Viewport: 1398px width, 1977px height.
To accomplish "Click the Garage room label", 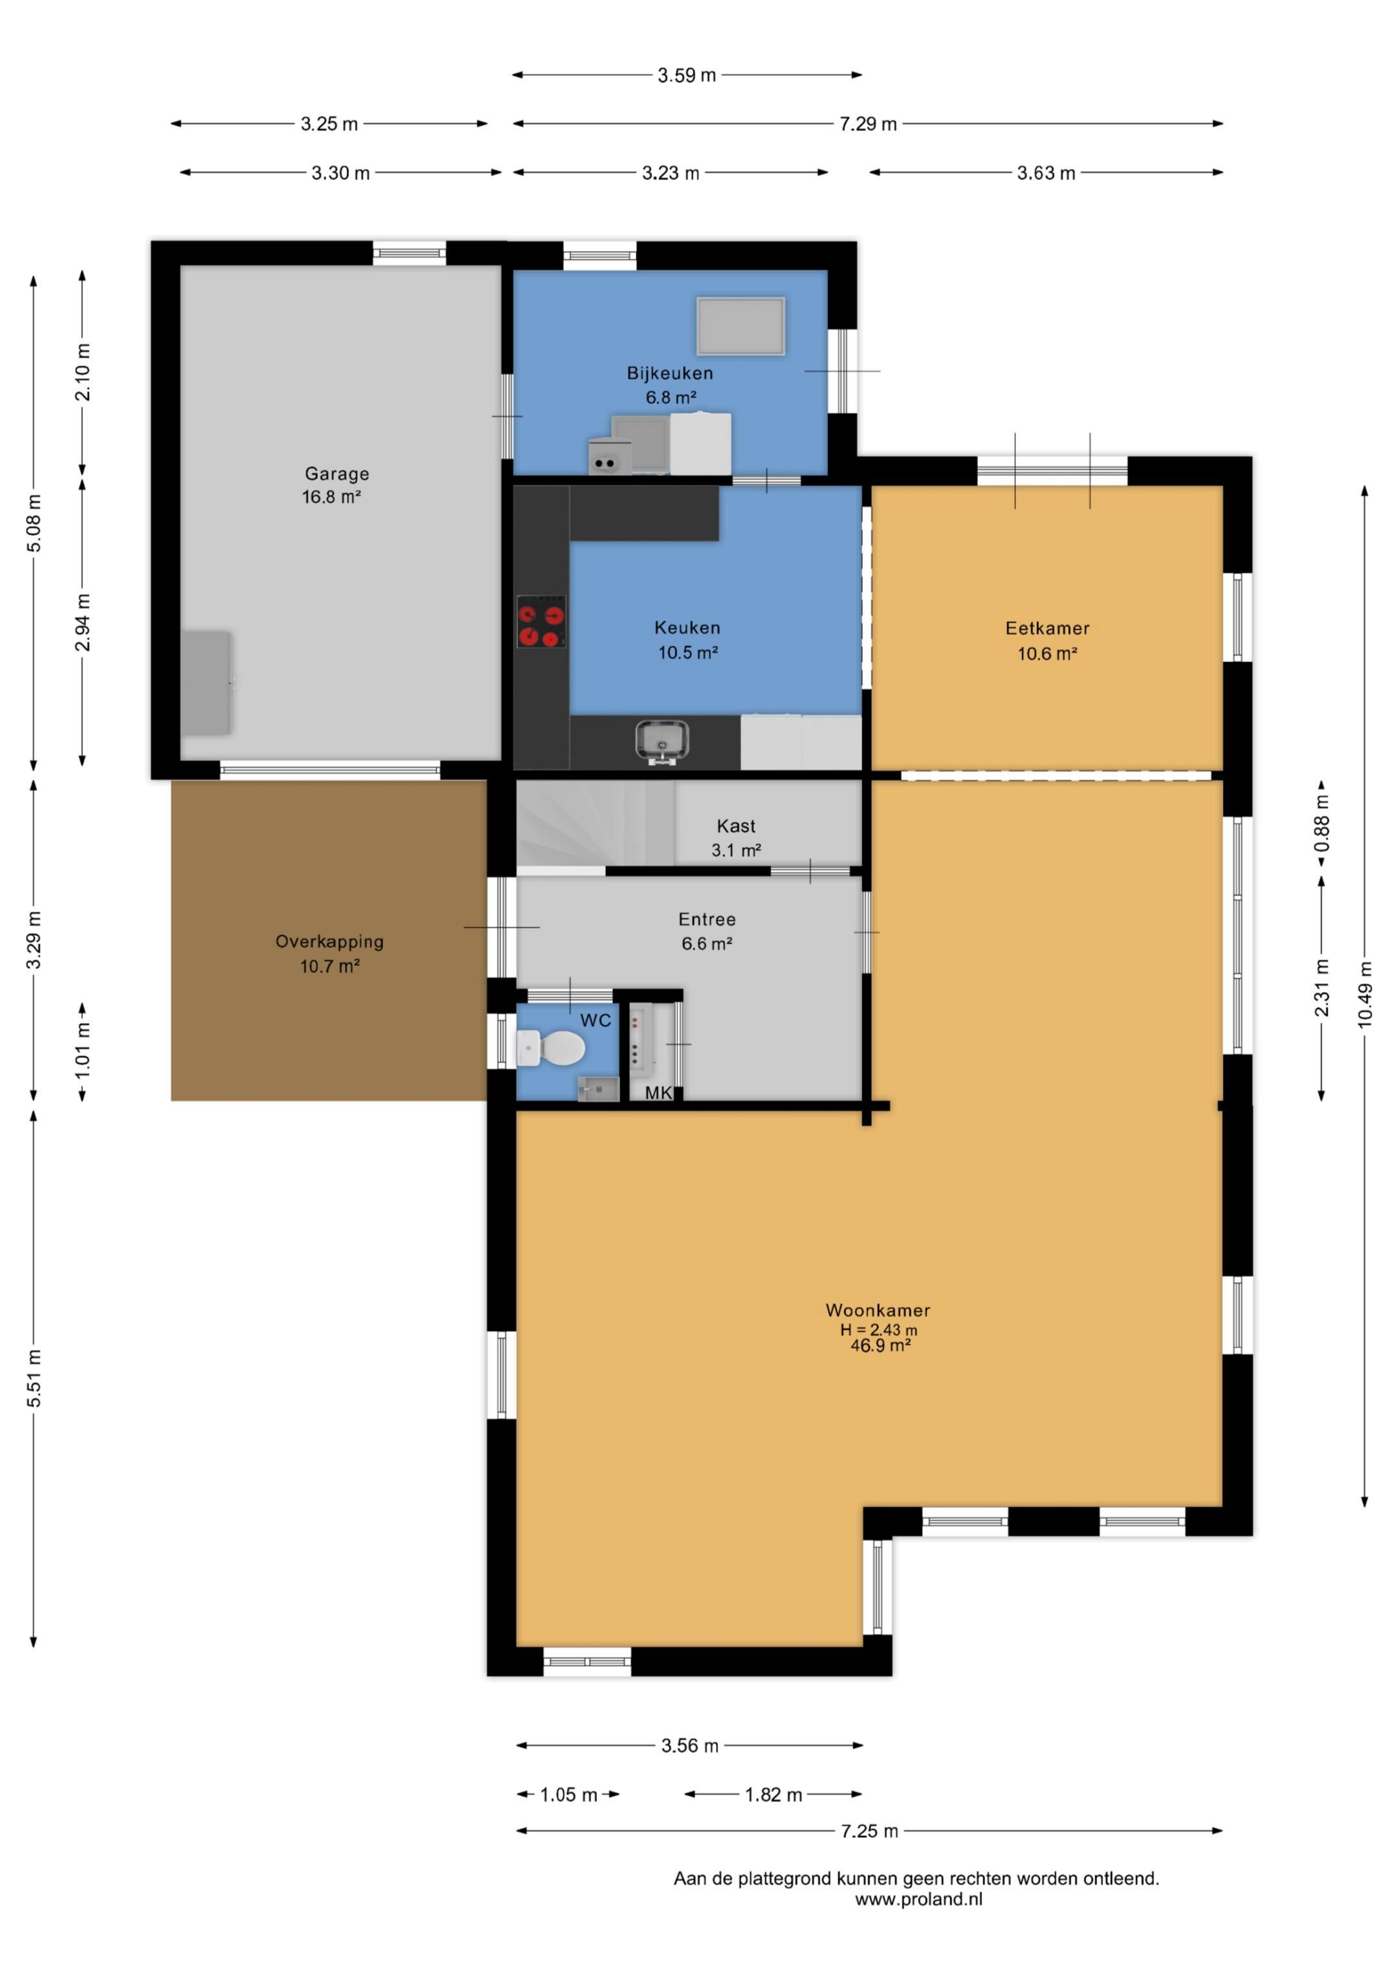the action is coord(337,474).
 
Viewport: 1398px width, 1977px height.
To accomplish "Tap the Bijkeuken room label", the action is coord(670,373).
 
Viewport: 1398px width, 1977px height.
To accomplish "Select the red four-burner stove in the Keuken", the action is coord(541,621).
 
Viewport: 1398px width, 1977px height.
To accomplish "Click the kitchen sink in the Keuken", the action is coord(661,742).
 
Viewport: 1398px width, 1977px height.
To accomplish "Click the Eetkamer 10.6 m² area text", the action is coord(1047,654).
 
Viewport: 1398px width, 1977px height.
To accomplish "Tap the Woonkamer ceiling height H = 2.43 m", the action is coord(878,1329).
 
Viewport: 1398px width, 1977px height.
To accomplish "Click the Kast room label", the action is coord(737,826).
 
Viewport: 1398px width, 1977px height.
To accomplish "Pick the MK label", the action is coord(658,1092).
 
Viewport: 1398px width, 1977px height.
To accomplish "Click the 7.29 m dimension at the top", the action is coord(869,124).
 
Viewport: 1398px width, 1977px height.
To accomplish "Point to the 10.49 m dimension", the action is coord(1364,995).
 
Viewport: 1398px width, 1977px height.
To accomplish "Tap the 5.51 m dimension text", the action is coord(34,1378).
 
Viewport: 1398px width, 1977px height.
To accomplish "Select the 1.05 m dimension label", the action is coord(568,1795).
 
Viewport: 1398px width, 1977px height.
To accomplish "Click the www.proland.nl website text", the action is coord(918,1899).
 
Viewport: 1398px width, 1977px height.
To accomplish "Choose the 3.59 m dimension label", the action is coord(687,75).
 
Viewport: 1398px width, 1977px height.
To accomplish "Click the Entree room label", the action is coord(707,920).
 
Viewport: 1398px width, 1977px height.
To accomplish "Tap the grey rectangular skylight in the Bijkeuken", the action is coord(741,326).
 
